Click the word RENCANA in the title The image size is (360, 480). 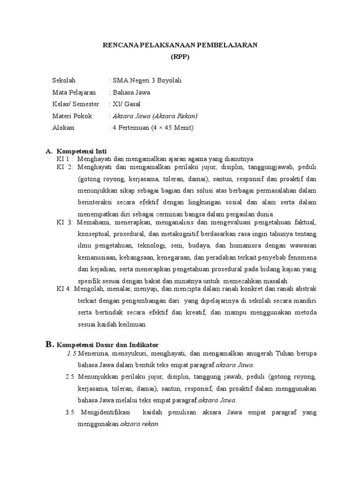coord(120,45)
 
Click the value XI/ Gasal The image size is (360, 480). coord(125,104)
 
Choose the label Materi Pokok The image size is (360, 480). coord(72,116)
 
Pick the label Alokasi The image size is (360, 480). coord(63,127)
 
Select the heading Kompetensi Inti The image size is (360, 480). coord(82,151)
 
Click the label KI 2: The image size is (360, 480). coord(65,166)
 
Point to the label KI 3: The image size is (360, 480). coord(65,221)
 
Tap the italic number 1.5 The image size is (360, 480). coord(72,353)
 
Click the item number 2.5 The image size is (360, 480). coord(70,377)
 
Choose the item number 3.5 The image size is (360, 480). coord(70,412)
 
